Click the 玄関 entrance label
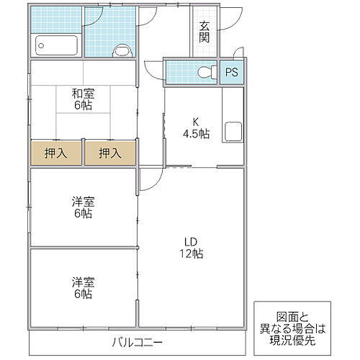click(x=204, y=32)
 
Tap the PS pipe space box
click(x=231, y=72)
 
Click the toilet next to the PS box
click(x=205, y=72)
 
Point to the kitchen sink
click(x=232, y=132)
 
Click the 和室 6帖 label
click(x=82, y=98)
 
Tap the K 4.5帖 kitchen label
click(x=195, y=127)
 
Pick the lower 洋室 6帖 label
click(x=81, y=288)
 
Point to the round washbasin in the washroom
click(x=123, y=50)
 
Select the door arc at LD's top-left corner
click(x=148, y=180)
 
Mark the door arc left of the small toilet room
click(x=153, y=70)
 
